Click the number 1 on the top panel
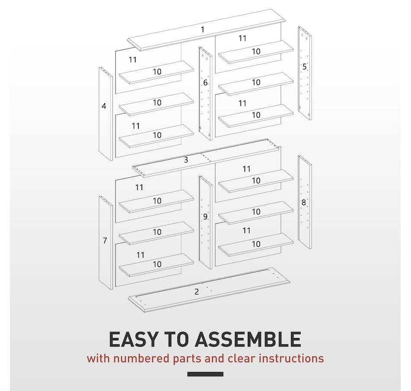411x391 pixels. click(x=202, y=29)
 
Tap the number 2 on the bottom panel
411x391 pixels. click(x=197, y=291)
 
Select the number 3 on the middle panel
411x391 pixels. click(x=186, y=160)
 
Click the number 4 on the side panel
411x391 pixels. click(x=104, y=106)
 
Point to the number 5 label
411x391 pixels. click(x=305, y=67)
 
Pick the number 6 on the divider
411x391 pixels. click(x=205, y=83)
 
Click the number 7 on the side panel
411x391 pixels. click(x=105, y=240)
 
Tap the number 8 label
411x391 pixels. click(x=304, y=202)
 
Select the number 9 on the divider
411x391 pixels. click(x=205, y=217)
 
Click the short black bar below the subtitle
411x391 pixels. click(x=205, y=374)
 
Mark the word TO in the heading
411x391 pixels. click(x=175, y=339)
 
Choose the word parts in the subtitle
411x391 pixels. click(x=181, y=359)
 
